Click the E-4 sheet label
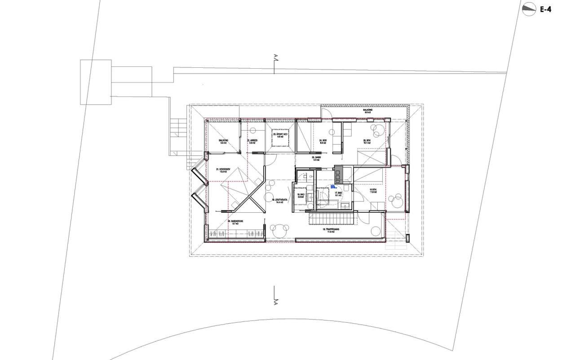(545, 9)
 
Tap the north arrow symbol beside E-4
(529, 9)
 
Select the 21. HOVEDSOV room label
(223, 171)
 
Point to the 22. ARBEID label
(252, 141)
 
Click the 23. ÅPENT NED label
(280, 135)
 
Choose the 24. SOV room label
(323, 141)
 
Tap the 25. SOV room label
(367, 141)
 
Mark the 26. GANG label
(317, 158)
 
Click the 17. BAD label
(338, 194)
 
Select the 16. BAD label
(301, 196)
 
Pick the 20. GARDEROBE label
(235, 222)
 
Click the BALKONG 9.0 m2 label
(368, 111)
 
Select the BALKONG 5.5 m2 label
(223, 141)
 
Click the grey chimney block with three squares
(339, 171)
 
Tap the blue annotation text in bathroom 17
(333, 187)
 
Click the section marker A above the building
(275, 57)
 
